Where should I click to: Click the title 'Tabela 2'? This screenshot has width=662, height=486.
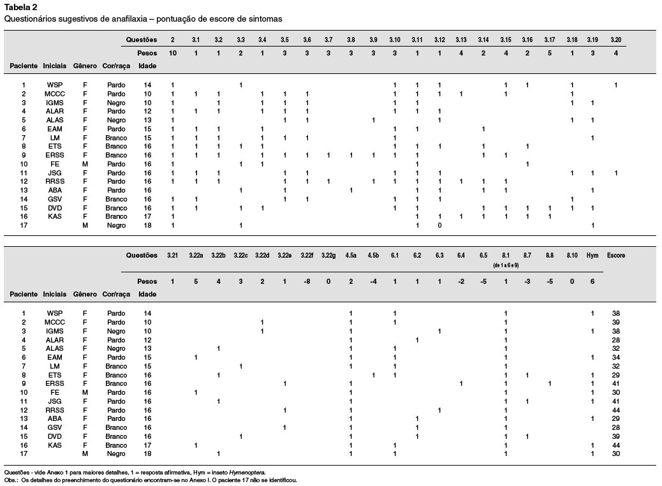click(x=20, y=7)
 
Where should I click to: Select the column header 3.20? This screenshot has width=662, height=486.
click(x=615, y=40)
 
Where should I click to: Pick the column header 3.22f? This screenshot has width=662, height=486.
click(x=307, y=256)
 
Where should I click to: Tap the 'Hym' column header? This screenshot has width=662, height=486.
click(x=592, y=256)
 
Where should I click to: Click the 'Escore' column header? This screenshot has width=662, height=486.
click(x=616, y=256)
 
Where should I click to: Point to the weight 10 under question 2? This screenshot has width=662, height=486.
click(x=172, y=53)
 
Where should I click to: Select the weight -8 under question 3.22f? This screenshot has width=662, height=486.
click(x=307, y=282)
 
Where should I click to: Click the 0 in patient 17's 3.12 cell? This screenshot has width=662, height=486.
click(x=439, y=226)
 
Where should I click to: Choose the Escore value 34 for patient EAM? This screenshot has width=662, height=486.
click(x=616, y=358)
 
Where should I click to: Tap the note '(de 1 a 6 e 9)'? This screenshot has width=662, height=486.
click(x=506, y=265)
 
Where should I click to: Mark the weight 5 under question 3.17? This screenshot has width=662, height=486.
click(x=549, y=53)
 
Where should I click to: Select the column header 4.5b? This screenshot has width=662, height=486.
click(x=373, y=256)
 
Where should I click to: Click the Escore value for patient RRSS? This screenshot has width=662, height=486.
click(x=616, y=410)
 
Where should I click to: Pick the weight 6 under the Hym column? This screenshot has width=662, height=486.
click(x=592, y=282)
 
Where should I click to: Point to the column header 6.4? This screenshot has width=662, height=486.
click(x=461, y=256)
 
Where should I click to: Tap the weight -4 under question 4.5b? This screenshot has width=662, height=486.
click(x=373, y=282)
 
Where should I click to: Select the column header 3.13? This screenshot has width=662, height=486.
click(x=461, y=40)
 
